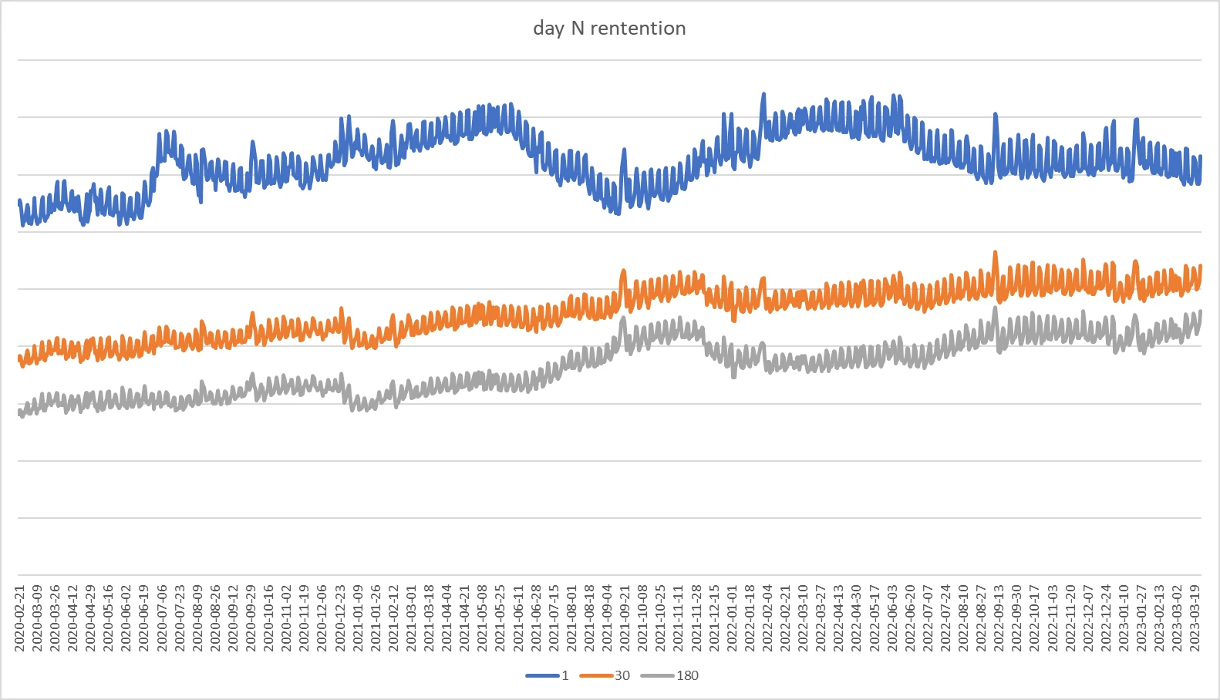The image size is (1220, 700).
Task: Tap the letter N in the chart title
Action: click(578, 29)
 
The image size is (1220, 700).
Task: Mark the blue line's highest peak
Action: click(763, 95)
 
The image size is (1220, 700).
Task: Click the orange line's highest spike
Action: click(995, 252)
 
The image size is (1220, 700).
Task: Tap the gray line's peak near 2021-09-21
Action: click(623, 318)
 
